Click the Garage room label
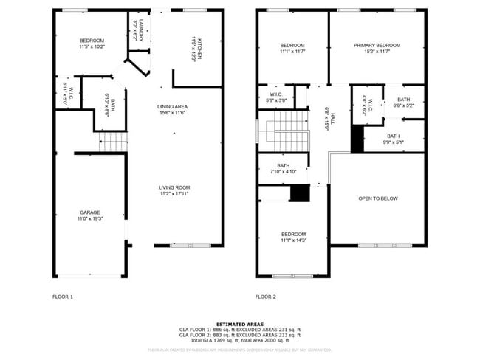tap(90, 212)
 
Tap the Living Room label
tap(174, 187)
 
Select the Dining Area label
tap(171, 107)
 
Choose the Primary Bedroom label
tap(377, 46)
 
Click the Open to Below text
tap(378, 198)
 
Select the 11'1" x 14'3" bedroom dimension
tap(292, 240)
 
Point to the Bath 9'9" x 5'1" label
tap(394, 136)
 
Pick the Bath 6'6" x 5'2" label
tap(403, 100)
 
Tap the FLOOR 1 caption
tap(63, 297)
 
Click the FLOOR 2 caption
tap(265, 297)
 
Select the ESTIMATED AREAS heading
tap(240, 322)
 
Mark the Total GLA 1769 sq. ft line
tap(240, 339)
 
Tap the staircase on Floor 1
tap(114, 141)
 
